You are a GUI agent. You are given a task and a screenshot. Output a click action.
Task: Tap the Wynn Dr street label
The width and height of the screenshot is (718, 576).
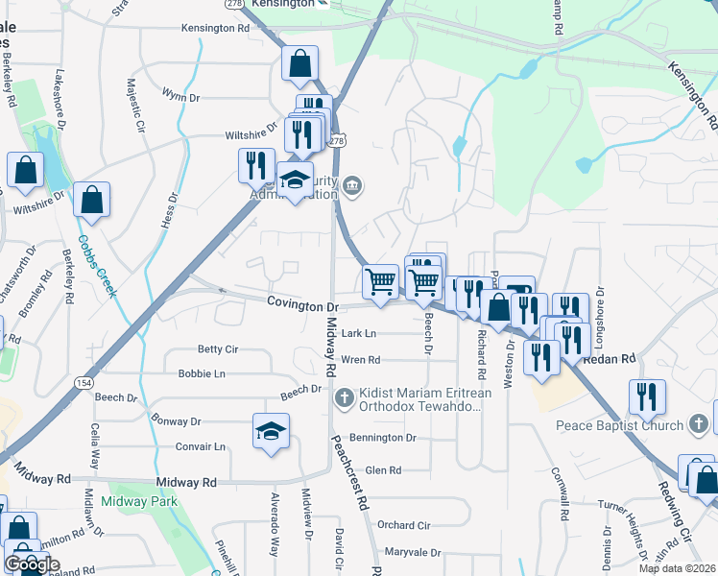coord(180,96)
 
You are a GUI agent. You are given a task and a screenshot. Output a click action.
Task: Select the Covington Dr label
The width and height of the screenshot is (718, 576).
coord(303,305)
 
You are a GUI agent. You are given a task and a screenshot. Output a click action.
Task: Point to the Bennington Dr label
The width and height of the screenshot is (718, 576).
coord(383,438)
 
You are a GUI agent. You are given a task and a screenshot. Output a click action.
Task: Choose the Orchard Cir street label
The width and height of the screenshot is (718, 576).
coord(403,525)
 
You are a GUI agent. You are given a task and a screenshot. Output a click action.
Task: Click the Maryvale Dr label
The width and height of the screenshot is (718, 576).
coord(412,553)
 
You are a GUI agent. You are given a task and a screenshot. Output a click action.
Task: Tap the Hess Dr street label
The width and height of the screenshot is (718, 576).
coord(173,210)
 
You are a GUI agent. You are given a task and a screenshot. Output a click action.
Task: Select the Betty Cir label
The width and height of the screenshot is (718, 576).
coord(217,349)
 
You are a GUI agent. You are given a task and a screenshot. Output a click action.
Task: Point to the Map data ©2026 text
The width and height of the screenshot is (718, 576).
coord(676,568)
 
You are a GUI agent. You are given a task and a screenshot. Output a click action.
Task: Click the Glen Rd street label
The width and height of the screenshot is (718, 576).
coord(382,470)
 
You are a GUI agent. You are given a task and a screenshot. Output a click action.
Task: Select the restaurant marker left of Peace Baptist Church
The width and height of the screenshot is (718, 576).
coord(648,396)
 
